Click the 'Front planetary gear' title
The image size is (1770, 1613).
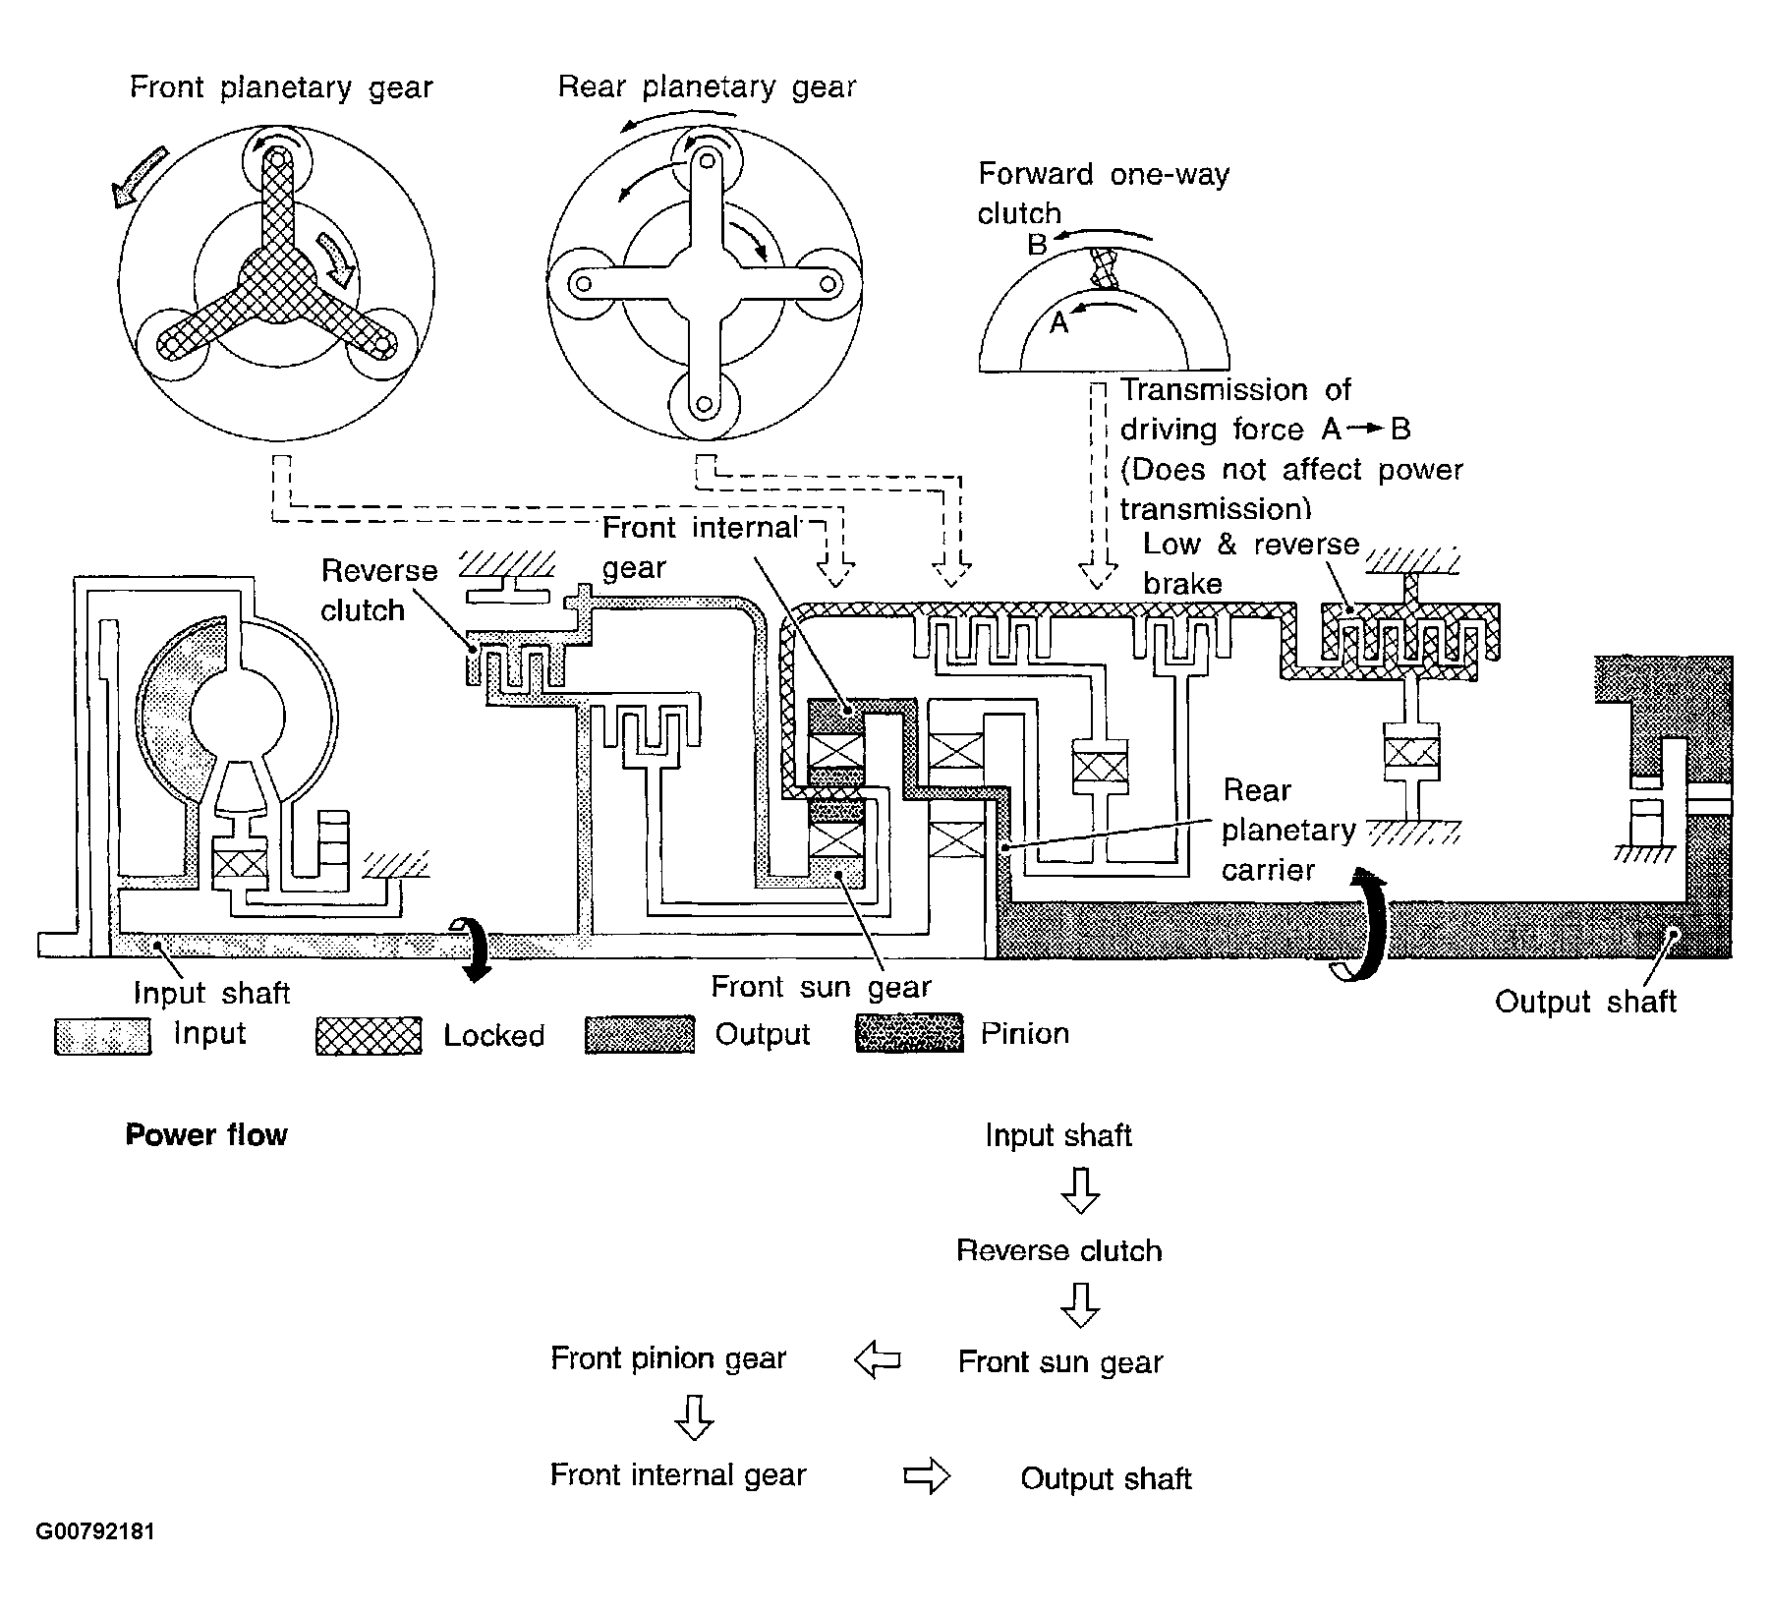[x=281, y=88]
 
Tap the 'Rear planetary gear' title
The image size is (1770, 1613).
[x=707, y=87]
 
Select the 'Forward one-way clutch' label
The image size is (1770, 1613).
[x=1103, y=194]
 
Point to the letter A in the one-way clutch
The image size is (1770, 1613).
[x=1058, y=322]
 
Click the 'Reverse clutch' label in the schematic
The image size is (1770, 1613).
[x=379, y=591]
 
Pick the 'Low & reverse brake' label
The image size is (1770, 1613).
[x=1251, y=564]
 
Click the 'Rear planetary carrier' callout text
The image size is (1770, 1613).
[x=1287, y=831]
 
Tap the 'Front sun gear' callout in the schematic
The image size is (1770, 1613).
[x=821, y=986]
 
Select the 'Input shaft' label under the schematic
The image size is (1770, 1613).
[x=211, y=993]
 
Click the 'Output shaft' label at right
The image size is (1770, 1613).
[x=1585, y=1002]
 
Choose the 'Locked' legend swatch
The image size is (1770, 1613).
[x=369, y=1036]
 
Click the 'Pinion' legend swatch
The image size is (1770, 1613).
[x=909, y=1034]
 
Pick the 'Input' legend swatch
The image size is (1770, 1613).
[x=102, y=1036]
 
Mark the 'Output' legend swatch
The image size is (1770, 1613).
[x=639, y=1035]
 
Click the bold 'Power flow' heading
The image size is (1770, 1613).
[x=206, y=1135]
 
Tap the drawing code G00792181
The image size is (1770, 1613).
[x=95, y=1532]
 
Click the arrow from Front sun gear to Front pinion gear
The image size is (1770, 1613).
[x=878, y=1360]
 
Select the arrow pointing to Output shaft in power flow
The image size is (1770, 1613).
[x=927, y=1476]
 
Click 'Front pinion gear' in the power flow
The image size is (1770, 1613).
[x=668, y=1359]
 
